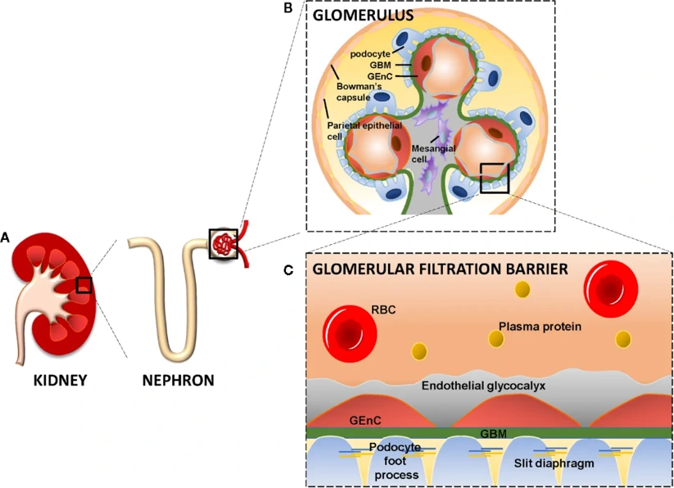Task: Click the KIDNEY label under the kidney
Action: pos(60,380)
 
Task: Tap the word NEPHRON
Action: pos(178,380)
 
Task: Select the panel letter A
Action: pos(6,237)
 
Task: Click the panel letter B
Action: pos(287,8)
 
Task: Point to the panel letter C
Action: pos(288,269)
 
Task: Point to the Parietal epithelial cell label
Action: pos(364,130)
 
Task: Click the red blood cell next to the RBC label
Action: pos(350,334)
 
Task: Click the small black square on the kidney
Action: pos(84,284)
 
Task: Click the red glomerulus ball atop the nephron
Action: pos(223,243)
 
